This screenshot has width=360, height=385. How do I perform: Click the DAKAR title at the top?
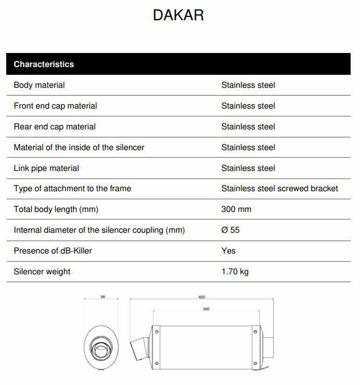click(x=178, y=16)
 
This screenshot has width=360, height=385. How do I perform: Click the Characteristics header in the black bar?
click(x=44, y=64)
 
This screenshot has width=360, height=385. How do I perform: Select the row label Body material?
click(x=39, y=85)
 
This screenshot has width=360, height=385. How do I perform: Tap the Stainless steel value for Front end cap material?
click(x=248, y=105)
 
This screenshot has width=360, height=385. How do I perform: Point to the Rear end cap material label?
click(x=55, y=126)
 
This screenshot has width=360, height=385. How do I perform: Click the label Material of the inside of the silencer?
click(x=79, y=147)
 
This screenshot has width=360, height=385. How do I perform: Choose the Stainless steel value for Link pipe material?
click(x=248, y=168)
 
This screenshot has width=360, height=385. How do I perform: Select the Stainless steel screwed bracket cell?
click(x=279, y=188)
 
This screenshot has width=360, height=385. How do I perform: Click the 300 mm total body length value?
click(x=236, y=209)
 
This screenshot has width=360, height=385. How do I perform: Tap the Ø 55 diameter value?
click(x=230, y=230)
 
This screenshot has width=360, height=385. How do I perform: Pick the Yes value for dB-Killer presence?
click(x=228, y=250)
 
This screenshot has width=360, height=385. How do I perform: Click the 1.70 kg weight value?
click(x=235, y=271)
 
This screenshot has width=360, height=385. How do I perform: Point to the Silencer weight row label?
click(x=42, y=271)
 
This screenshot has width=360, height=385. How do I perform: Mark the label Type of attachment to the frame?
click(x=72, y=188)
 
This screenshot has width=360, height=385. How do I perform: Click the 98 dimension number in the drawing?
click(x=102, y=297)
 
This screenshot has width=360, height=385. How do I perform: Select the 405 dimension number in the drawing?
click(x=202, y=297)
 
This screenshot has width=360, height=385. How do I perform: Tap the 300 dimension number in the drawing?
click(x=206, y=309)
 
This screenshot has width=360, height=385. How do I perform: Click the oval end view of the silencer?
click(x=100, y=346)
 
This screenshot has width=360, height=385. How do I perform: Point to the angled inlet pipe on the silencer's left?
click(x=139, y=347)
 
